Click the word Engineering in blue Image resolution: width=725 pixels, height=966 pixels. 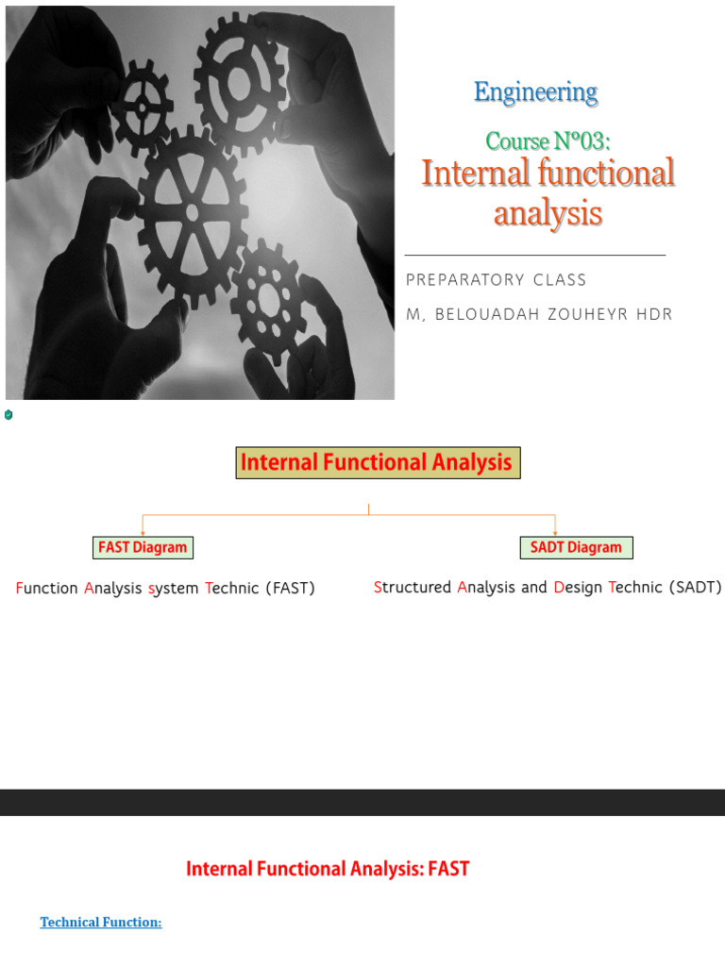coord(535,92)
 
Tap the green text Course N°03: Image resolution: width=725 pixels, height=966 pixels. coord(548,142)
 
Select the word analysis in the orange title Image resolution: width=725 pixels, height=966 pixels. coord(548,214)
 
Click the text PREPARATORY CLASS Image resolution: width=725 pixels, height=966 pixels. coord(496,280)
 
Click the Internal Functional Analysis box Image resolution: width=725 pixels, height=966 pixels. coord(378,462)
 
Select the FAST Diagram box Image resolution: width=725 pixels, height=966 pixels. coord(143,547)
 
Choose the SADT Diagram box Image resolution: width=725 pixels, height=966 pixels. coord(576,547)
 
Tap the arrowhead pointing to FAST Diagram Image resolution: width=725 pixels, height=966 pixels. coord(143,532)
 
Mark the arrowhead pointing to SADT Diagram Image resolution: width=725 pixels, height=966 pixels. coord(555,532)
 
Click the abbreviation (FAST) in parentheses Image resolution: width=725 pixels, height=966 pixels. coord(290,589)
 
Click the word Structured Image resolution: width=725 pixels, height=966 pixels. coord(413,588)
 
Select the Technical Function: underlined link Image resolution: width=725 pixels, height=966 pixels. coord(101,923)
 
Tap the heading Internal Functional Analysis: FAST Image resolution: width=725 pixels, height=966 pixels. coord(328,869)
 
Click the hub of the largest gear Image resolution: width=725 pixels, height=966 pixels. coord(193,212)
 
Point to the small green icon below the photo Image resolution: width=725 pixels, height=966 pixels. coord(8,414)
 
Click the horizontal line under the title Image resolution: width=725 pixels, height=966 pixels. coord(534,255)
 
